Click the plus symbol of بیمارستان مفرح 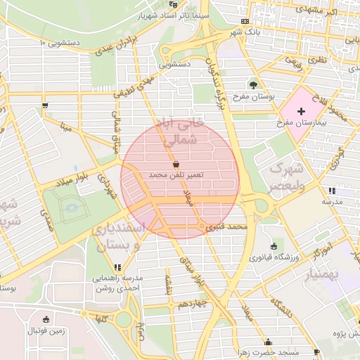pyautogui.click(x=302, y=112)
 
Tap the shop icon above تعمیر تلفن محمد pyautogui.click(x=174, y=163)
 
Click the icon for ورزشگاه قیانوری pyautogui.click(x=273, y=246)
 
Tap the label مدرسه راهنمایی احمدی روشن pyautogui.click(x=118, y=283)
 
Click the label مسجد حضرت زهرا pyautogui.click(x=284, y=352)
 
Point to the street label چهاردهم pyautogui.click(x=191, y=304)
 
